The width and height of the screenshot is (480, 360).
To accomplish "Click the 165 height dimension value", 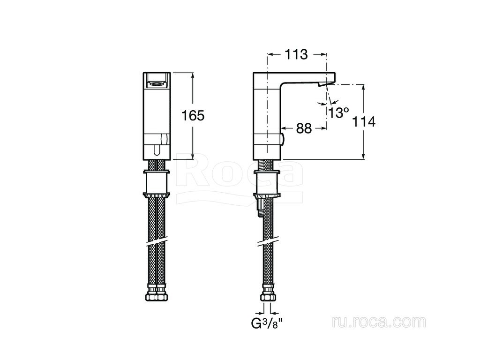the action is point(193,116).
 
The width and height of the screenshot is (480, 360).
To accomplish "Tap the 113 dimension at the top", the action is point(296,54).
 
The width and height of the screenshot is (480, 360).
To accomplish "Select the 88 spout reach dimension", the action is point(304,128).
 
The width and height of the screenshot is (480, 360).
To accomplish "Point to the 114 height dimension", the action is point(364,122).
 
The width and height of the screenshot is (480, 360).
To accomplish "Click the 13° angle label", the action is point(339,112).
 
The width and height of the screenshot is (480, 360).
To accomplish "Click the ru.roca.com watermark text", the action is point(379,322).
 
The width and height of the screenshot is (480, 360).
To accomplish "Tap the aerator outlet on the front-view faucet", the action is point(157,82).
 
